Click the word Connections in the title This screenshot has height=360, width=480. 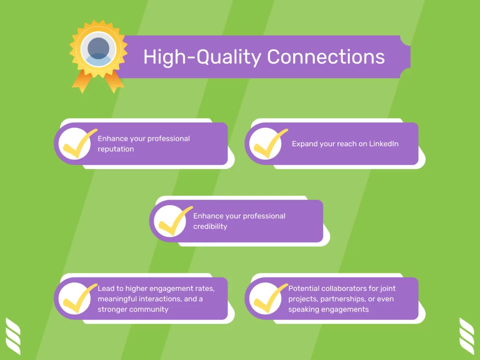[x=326, y=57]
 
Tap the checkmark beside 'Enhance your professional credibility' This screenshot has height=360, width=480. [x=174, y=221]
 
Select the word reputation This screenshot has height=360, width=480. [x=116, y=149]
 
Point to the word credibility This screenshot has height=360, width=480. [x=210, y=226]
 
